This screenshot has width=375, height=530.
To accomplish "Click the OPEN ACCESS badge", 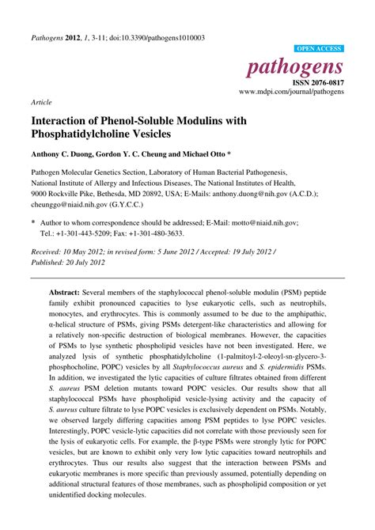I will pos(319,48).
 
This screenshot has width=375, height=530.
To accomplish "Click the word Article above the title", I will pos(41,103).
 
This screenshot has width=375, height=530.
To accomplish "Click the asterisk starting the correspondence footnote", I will pos(32,224).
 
